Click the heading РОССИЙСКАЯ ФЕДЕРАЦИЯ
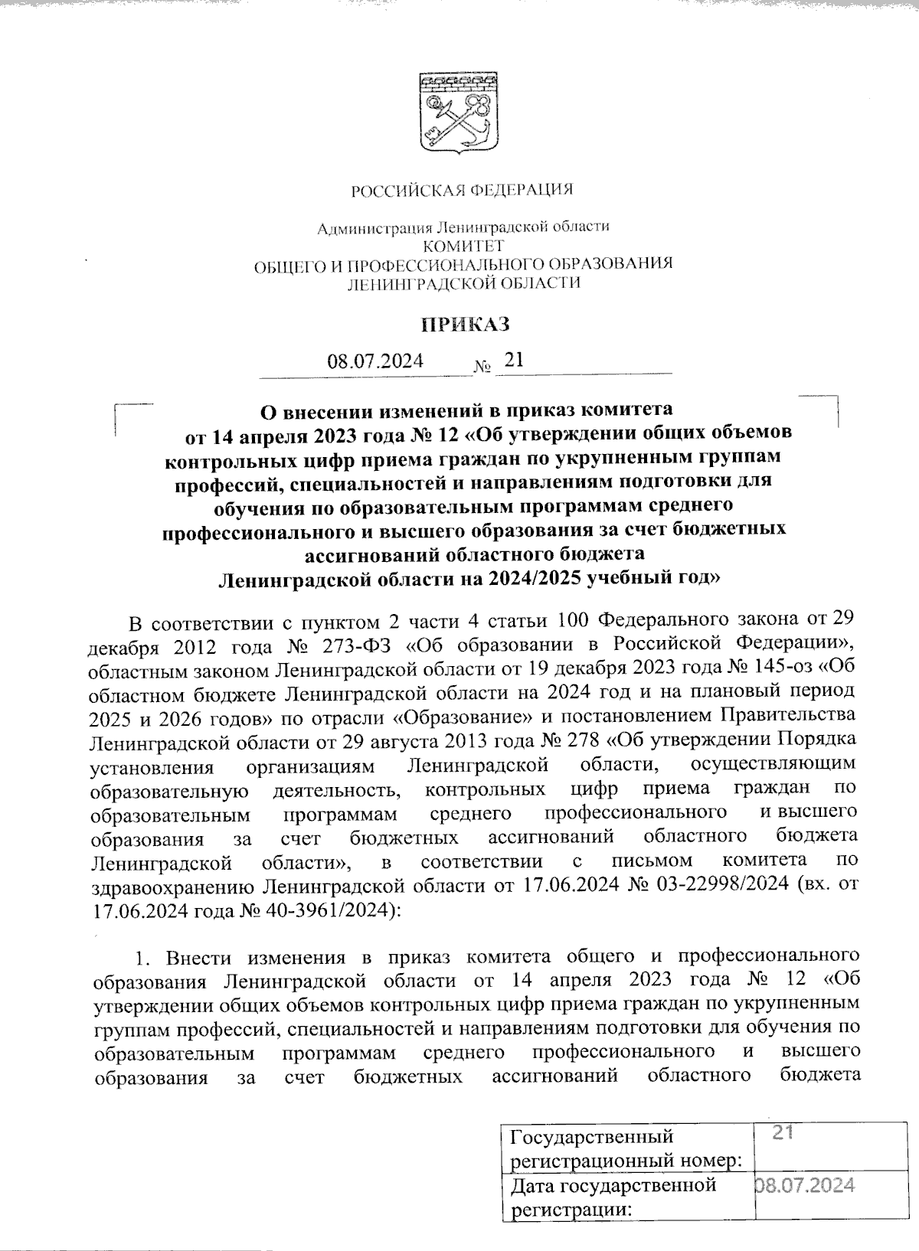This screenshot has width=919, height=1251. coord(462,190)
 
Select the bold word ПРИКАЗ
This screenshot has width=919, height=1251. coord(466,325)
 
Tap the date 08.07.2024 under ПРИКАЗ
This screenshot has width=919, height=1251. coord(375,361)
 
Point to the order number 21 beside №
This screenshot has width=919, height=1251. coord(513,359)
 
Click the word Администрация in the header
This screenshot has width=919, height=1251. coord(374,227)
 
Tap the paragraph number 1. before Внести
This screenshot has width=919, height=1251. coord(144,957)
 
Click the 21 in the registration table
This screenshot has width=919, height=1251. coord(782,1133)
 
